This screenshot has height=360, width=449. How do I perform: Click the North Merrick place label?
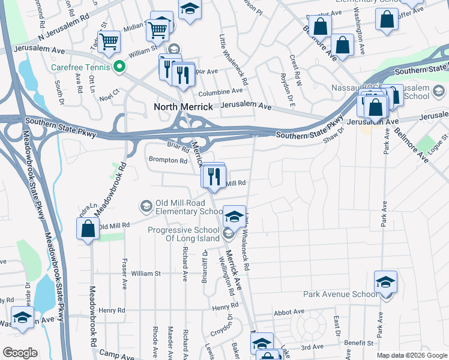(184, 107)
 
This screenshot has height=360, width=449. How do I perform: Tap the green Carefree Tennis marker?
(119, 67)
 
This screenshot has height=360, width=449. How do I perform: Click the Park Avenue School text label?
(340, 295)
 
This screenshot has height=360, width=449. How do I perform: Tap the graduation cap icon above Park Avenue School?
(385, 281)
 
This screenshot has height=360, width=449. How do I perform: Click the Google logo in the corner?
(20, 352)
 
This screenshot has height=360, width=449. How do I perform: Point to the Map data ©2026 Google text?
(412, 355)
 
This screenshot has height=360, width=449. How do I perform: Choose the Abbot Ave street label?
(289, 312)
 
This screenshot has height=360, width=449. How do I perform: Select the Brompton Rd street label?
(168, 160)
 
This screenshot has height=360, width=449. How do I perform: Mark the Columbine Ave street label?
(221, 91)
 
